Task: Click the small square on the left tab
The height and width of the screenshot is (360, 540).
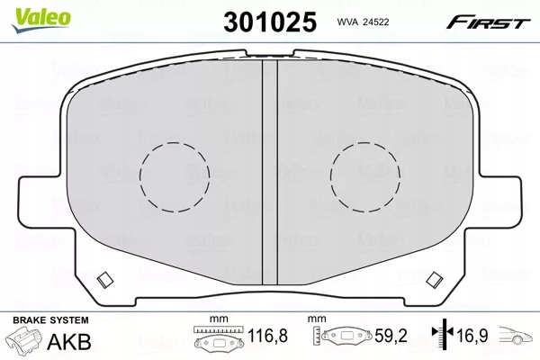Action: point(102,277)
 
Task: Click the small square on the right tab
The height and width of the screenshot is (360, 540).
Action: point(436,277)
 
